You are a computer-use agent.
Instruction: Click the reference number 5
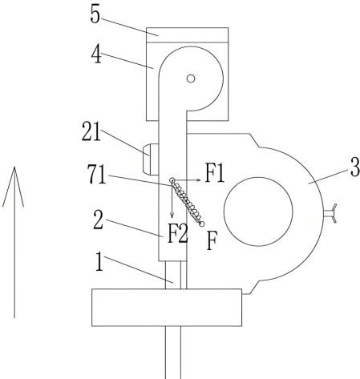95,14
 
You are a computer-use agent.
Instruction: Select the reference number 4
96,55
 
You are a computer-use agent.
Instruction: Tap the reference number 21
91,131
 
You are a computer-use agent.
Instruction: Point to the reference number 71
97,174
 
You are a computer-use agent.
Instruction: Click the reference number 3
355,167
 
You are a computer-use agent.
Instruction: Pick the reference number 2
98,220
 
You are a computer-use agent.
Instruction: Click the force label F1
215,173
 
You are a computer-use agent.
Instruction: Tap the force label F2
177,234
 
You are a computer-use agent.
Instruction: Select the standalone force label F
212,240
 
